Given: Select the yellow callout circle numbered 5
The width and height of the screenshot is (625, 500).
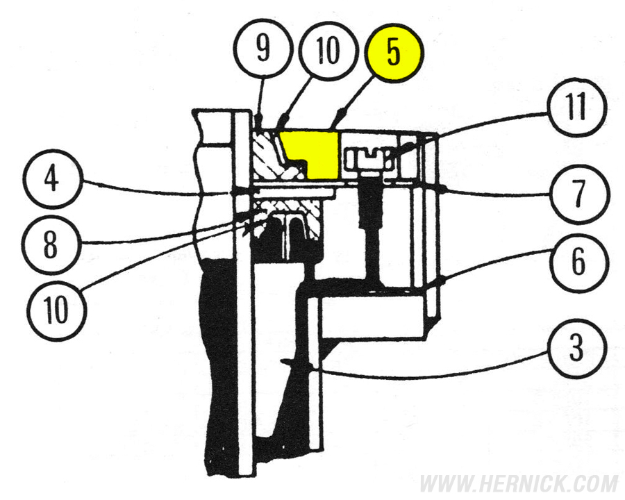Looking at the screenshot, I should (394, 54).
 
